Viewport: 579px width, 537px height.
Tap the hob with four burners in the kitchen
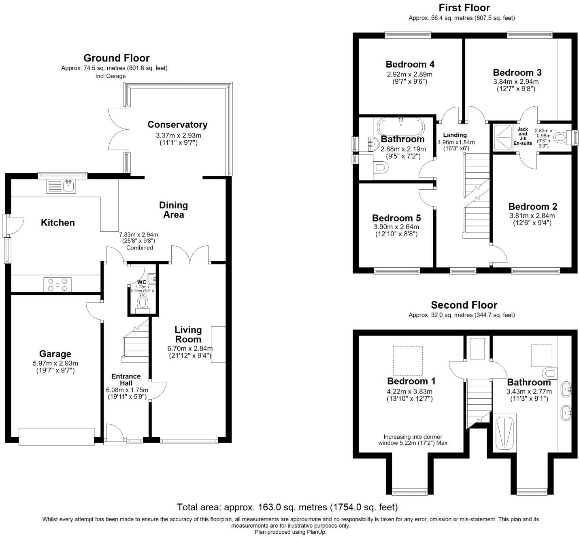pyautogui.click(x=57, y=284)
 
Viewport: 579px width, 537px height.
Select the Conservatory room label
pyautogui.click(x=177, y=125)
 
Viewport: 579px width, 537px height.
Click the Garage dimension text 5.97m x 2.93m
pyautogui.click(x=55, y=363)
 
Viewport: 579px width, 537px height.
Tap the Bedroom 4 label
pyautogui.click(x=410, y=64)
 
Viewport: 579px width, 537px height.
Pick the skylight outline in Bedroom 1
pyautogui.click(x=408, y=360)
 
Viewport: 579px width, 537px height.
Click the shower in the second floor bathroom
pyautogui.click(x=506, y=432)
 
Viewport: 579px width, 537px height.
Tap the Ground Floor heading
pyautogui.click(x=116, y=58)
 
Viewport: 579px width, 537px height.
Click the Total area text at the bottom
pyautogui.click(x=287, y=507)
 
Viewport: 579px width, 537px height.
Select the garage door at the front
pyautogui.click(x=56, y=437)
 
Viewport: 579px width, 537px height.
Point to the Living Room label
pyautogui.click(x=188, y=334)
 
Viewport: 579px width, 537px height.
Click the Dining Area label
pyautogui.click(x=173, y=210)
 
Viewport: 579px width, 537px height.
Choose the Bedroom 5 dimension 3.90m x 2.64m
pyautogui.click(x=396, y=227)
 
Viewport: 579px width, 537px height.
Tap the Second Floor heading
pyautogui.click(x=464, y=305)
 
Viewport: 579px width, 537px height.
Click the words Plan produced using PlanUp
pyautogui.click(x=290, y=532)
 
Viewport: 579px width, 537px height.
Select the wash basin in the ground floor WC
pyautogui.click(x=151, y=278)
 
